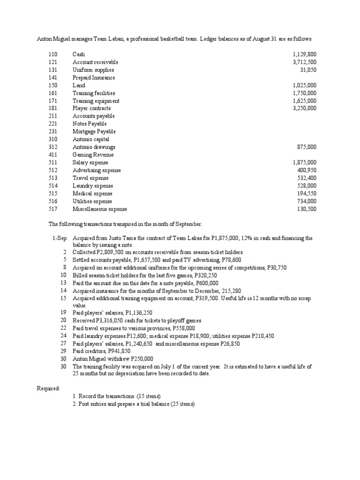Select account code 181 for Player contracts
[x=52, y=108]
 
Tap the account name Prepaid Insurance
[x=94, y=78]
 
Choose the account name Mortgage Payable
[x=94, y=132]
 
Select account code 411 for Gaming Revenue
[x=52, y=155]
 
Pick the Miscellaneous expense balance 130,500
[x=307, y=209]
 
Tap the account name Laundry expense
[x=93, y=186]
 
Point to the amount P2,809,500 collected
[x=111, y=252]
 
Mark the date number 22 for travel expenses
[x=63, y=328]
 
